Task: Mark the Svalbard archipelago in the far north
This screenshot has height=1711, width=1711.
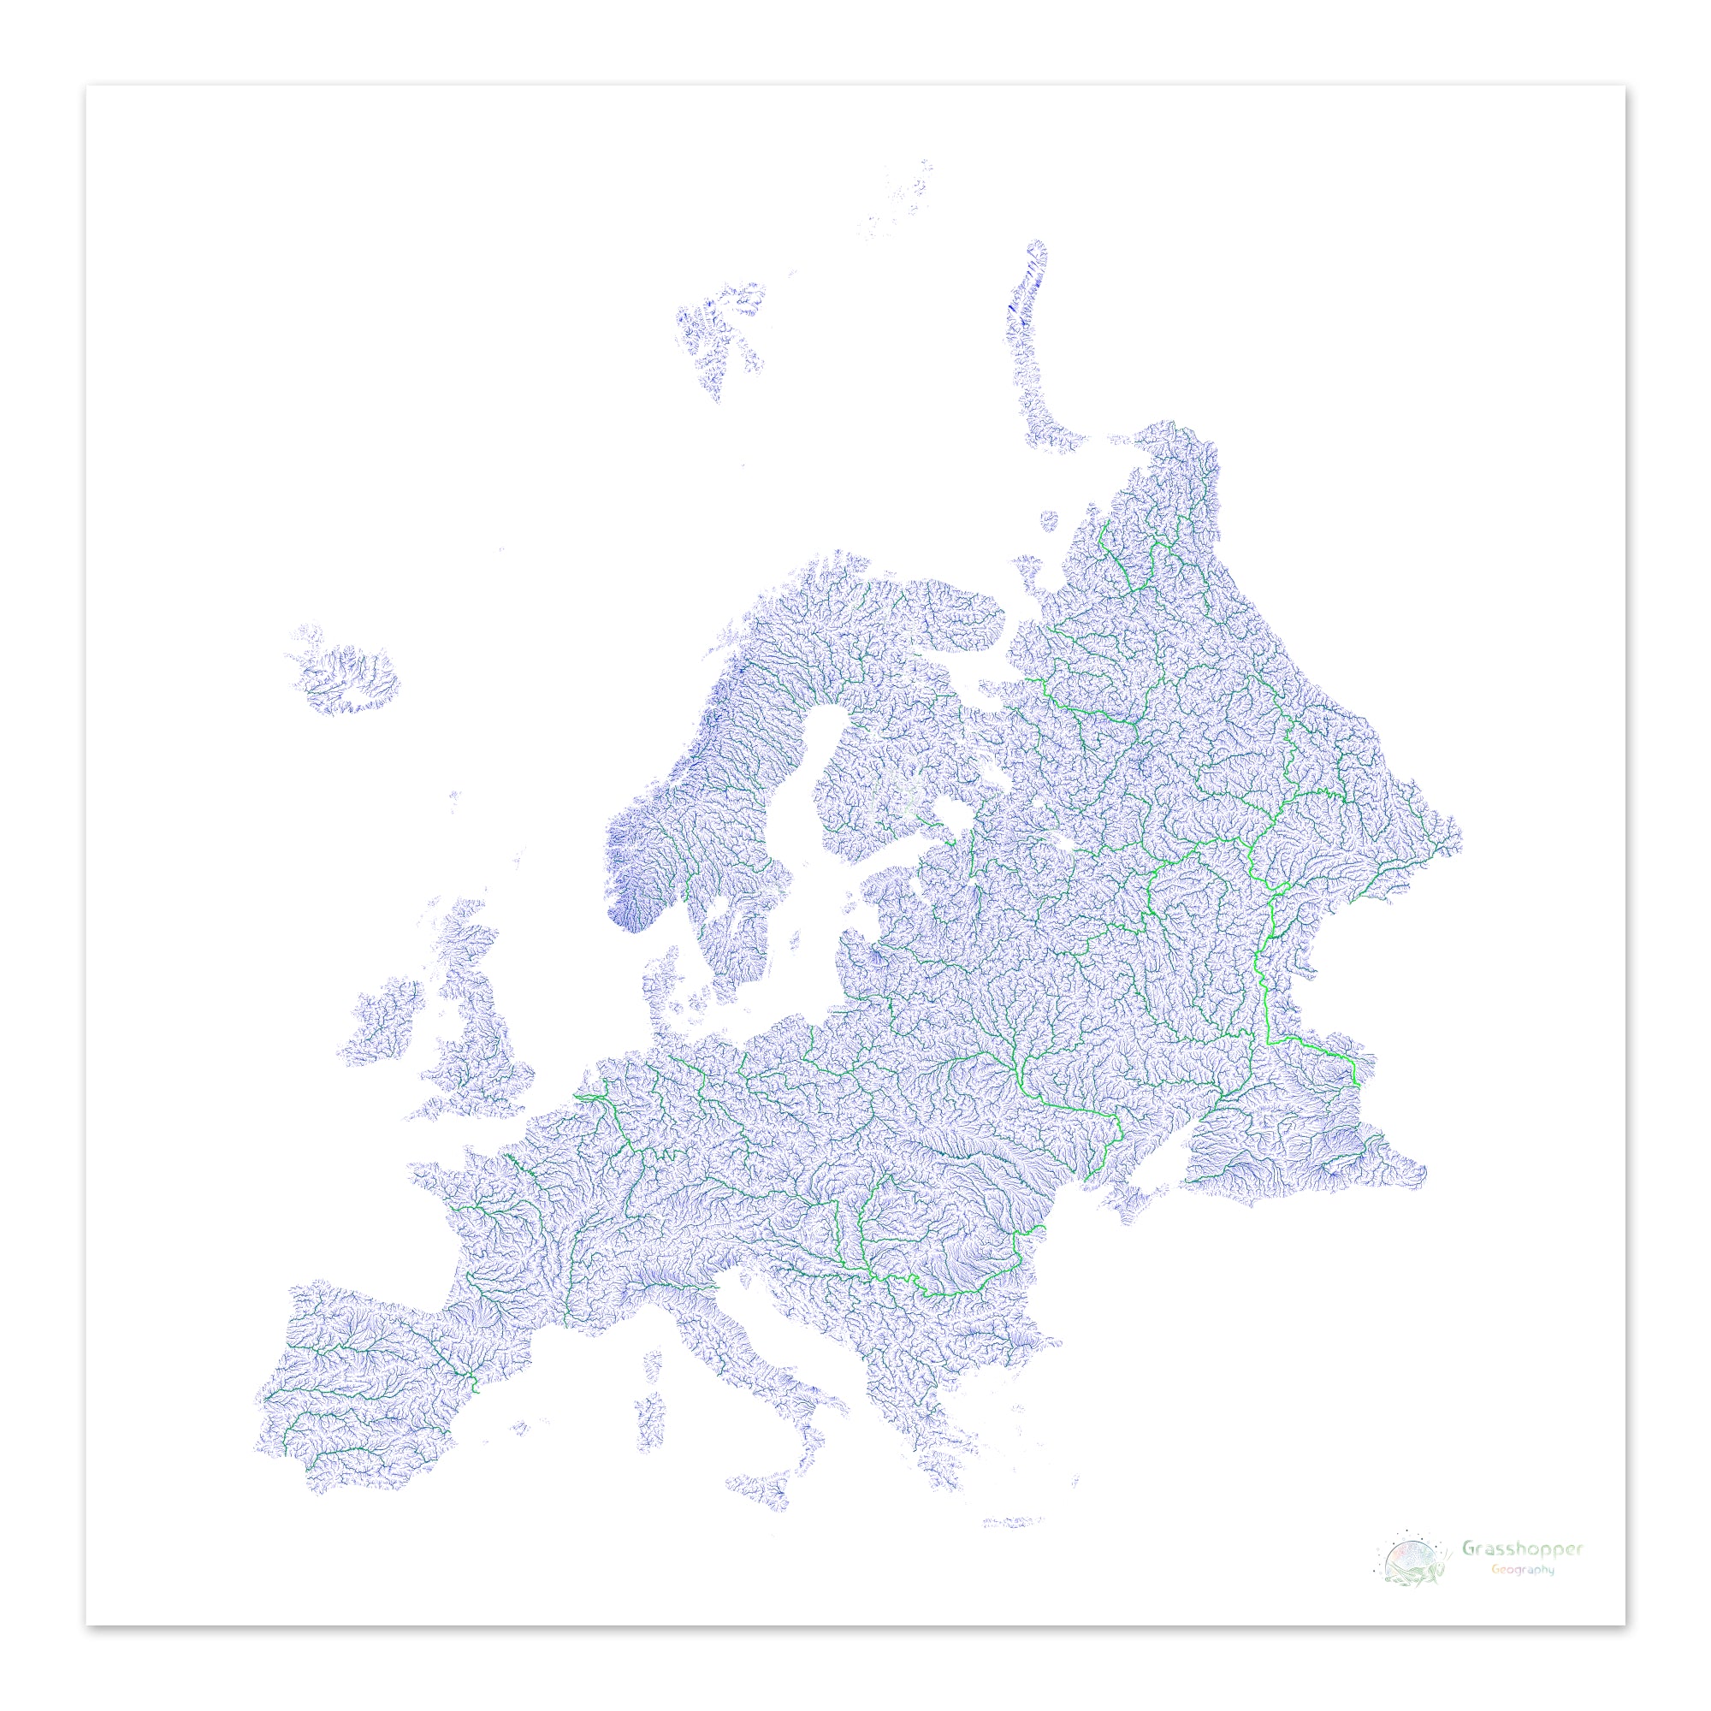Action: [722, 332]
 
